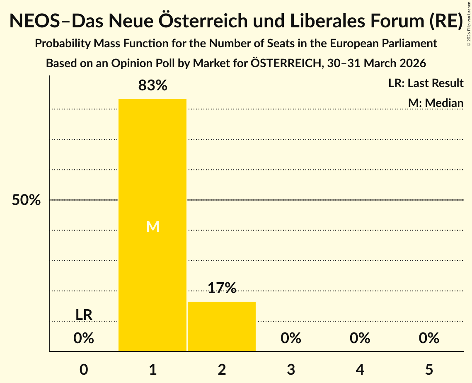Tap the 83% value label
[152, 86]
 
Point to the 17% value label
[222, 288]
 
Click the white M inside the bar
[152, 226]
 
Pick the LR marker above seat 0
[84, 315]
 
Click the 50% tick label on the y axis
[26, 200]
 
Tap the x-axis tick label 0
[84, 369]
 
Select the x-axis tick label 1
[152, 369]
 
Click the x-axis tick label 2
[222, 369]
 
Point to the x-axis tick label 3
[291, 369]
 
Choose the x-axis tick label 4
[360, 369]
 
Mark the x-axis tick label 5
[429, 369]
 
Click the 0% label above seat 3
[291, 338]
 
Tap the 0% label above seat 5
[429, 338]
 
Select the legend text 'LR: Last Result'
[426, 83]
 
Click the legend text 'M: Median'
[436, 103]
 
